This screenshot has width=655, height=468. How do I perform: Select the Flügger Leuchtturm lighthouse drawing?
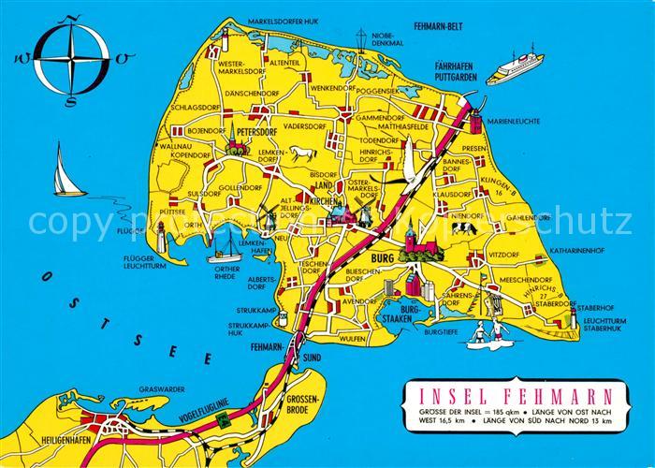(x=161, y=233)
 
